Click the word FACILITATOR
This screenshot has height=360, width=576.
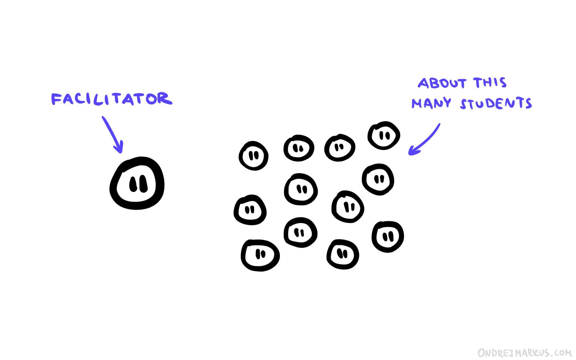pos(112,99)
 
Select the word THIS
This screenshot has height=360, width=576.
pos(490,82)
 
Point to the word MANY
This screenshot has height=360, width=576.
pos(431,103)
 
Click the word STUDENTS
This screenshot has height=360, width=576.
pos(496,103)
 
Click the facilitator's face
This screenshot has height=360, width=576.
pos(137,183)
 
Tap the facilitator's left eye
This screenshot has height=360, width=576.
pos(133,184)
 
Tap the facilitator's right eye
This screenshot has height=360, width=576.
pos(143,184)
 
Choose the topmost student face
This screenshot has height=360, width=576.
pos(384,136)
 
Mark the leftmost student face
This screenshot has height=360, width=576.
pos(250,210)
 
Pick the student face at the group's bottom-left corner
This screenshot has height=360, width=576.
pos(260,255)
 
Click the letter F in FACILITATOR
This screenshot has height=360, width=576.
pos(55,99)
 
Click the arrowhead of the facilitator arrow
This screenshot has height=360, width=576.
pos(119,149)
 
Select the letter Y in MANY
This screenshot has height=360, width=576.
pos(446,102)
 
